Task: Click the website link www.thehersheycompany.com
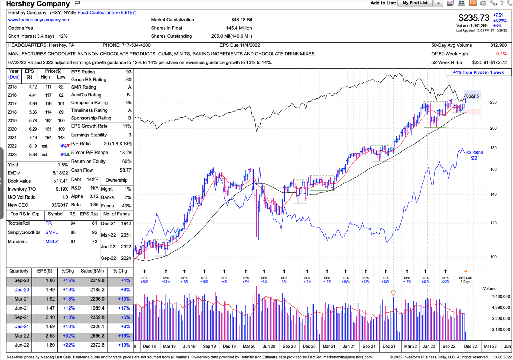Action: click(39, 20)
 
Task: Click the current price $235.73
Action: click(474, 18)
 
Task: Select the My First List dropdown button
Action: click(438, 3)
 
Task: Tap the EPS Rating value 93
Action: click(128, 72)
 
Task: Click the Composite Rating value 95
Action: click(128, 103)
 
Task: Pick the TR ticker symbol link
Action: click(48, 223)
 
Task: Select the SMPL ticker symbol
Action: click(52, 233)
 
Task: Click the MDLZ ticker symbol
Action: click(52, 242)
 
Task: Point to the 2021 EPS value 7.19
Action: click(33, 138)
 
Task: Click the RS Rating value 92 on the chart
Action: click(474, 158)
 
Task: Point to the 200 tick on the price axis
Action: click(493, 128)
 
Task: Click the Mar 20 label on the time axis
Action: click(249, 346)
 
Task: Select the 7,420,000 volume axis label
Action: click(501, 297)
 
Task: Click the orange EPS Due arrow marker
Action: click(465, 271)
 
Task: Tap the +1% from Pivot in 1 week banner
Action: click(478, 73)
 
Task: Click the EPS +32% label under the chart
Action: click(425, 280)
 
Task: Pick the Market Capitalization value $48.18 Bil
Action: click(241, 20)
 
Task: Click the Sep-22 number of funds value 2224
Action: click(126, 258)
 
